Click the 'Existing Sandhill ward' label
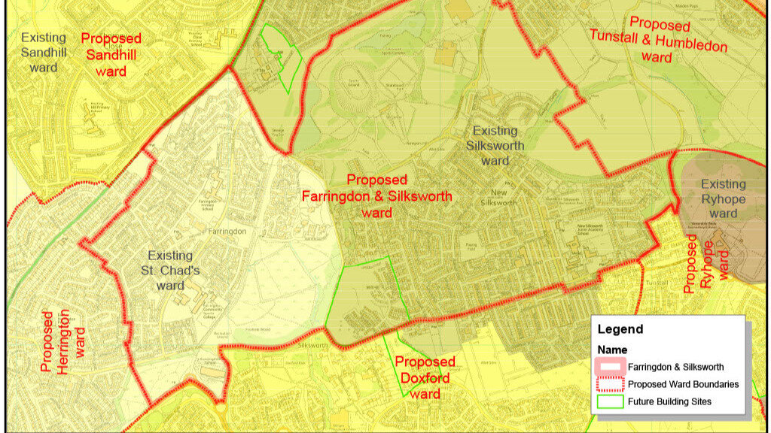(43, 52)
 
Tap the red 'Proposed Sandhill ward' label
(111, 54)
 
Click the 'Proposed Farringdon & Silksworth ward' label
(376, 196)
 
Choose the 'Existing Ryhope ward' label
(723, 198)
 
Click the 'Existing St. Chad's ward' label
(170, 271)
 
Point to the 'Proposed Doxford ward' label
(425, 378)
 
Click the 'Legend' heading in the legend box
(620, 329)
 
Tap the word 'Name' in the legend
(612, 350)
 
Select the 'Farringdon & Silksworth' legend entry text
(676, 367)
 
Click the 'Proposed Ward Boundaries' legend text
(683, 384)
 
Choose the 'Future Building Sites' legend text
(670, 401)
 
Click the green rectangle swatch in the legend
(611, 401)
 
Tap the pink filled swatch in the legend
(611, 367)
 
